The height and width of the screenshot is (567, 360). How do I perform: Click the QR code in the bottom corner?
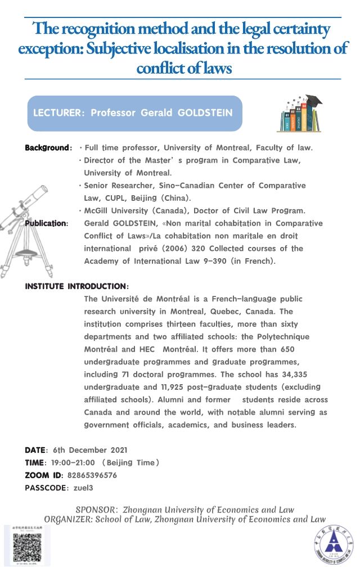click(27, 545)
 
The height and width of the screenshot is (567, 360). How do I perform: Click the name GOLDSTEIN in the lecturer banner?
click(204, 112)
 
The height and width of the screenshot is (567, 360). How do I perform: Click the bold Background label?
click(47, 148)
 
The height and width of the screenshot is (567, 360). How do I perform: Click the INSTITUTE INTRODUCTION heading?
click(76, 286)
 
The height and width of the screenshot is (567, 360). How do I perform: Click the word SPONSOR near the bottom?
click(96, 510)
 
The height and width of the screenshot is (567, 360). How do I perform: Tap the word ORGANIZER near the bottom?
click(67, 519)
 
